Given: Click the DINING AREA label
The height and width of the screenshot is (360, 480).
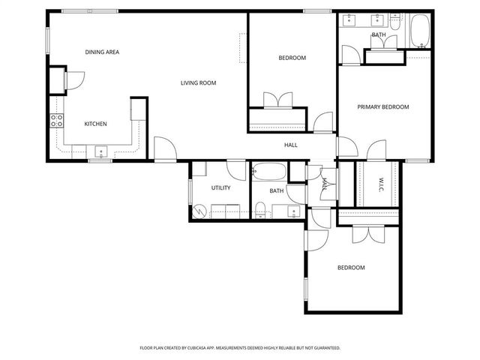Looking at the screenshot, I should coord(102,52).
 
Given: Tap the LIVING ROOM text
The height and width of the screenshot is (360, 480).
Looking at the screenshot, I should coord(198,83).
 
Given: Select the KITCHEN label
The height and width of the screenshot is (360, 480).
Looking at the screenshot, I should coord(95,124).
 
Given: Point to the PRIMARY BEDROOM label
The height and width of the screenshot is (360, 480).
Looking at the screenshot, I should coord(382,107).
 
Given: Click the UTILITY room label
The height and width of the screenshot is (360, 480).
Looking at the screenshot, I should coord(220,188).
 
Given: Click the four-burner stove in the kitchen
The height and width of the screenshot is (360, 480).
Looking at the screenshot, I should coord(56,119).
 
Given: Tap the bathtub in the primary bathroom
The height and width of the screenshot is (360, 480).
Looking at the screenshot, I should coord(417,31).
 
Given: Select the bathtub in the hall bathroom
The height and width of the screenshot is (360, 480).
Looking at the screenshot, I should coord(268,172).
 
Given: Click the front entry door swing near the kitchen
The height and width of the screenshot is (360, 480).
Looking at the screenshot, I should coord(165,148).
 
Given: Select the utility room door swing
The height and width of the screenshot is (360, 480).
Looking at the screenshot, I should coord(235,169).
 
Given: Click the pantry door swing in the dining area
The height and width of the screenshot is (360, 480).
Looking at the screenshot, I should coord(76,79).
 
